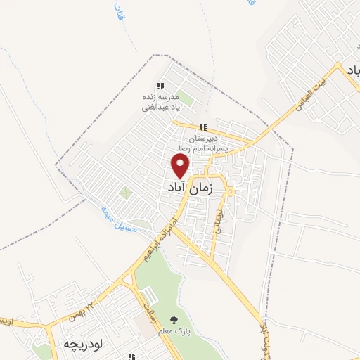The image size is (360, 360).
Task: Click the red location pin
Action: (181, 165)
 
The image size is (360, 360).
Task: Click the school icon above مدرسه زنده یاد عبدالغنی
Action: (162, 86)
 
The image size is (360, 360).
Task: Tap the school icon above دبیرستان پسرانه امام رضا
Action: (203, 127)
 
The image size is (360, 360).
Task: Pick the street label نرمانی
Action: (219, 219)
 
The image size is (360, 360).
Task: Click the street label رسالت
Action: (149, 303)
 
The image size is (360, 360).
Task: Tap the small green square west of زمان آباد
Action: (126, 193)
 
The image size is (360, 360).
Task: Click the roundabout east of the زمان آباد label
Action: (230, 192)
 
